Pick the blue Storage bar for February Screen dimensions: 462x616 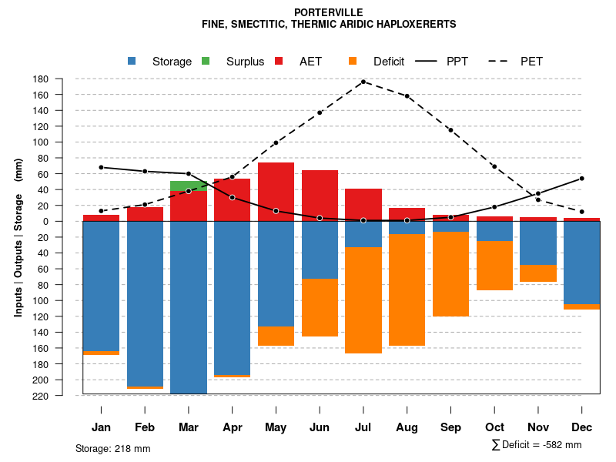145,303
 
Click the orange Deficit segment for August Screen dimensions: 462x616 407,290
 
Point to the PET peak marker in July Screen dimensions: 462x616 363,82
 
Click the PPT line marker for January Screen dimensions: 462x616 101,167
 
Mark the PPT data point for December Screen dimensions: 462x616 582,179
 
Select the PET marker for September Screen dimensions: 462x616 450,130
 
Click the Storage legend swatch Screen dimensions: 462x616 132,62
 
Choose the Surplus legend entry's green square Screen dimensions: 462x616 206,62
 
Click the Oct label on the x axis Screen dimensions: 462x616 494,427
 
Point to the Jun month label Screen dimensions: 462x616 320,427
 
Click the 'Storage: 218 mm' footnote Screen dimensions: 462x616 112,448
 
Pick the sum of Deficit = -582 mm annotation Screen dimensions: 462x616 537,445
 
